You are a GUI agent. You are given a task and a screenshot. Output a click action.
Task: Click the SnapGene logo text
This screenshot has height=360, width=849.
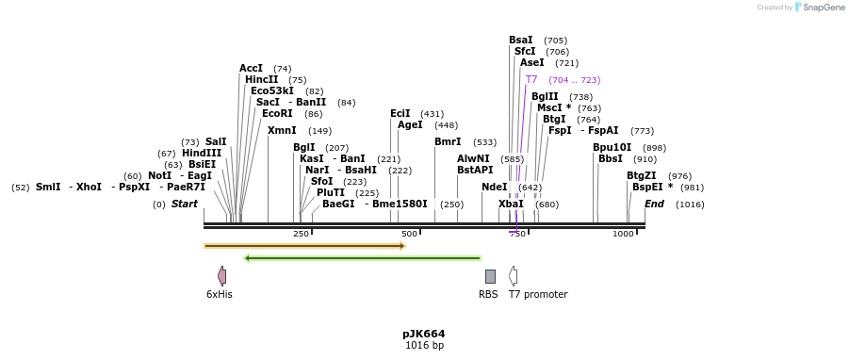click(825, 8)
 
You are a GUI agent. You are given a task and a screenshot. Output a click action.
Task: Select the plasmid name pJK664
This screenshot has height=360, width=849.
click(423, 334)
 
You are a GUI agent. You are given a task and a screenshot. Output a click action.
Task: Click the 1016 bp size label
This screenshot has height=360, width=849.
click(424, 346)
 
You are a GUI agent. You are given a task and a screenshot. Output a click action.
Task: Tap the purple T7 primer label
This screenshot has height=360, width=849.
click(531, 80)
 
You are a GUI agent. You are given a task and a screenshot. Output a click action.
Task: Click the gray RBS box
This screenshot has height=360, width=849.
click(490, 276)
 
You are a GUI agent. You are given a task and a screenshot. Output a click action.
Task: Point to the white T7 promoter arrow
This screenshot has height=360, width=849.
click(513, 276)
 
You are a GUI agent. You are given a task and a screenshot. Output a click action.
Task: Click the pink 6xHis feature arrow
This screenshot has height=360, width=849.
click(221, 276)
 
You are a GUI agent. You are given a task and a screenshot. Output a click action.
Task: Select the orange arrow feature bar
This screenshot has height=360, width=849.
click(304, 246)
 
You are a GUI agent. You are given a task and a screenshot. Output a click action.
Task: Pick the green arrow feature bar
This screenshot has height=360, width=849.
click(362, 257)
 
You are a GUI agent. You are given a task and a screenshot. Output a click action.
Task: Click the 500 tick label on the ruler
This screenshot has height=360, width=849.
click(409, 234)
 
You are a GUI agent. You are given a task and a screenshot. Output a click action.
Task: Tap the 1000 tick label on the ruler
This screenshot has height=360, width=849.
click(623, 234)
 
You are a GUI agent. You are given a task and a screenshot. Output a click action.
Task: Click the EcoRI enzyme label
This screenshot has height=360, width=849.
click(277, 114)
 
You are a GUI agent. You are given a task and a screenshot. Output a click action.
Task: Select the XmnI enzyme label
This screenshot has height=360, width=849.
click(282, 131)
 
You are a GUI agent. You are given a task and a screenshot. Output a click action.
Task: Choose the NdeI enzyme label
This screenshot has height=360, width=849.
click(494, 188)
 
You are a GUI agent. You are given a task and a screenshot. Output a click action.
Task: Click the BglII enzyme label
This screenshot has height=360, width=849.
click(545, 96)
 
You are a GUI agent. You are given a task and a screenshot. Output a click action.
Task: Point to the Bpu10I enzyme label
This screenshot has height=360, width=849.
click(612, 148)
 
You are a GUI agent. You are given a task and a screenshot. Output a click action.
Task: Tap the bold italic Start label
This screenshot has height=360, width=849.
click(185, 205)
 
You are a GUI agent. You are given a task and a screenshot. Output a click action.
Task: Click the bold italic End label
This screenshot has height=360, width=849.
click(654, 205)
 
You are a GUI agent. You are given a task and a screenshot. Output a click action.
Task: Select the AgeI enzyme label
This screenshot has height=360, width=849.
click(410, 125)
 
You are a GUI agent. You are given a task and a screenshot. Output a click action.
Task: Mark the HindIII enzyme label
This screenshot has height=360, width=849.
click(202, 154)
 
